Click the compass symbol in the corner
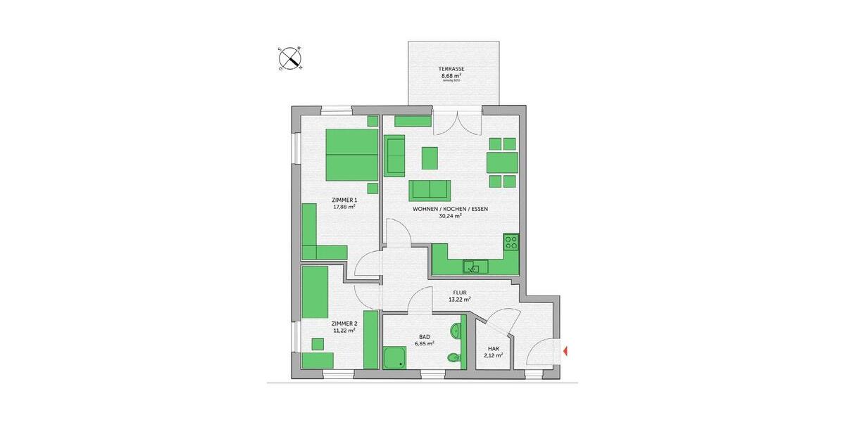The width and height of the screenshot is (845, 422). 290,58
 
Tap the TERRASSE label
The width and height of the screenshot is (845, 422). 452,68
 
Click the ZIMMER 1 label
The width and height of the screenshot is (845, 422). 344,200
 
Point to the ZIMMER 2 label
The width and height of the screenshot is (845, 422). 344,323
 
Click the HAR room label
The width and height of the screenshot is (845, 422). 493,348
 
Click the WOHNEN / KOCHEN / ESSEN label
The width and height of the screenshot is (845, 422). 451,209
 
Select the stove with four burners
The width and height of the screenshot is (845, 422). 511,243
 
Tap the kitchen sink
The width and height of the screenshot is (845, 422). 475,267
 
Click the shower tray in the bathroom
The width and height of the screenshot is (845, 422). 396,357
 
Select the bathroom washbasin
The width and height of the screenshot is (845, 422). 456,331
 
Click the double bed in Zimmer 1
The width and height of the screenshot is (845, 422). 352,155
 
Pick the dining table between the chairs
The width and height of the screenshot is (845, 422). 503,162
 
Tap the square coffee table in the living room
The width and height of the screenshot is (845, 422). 430,158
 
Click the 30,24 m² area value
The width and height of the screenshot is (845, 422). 451,217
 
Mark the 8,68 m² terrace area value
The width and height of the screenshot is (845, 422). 451,75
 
